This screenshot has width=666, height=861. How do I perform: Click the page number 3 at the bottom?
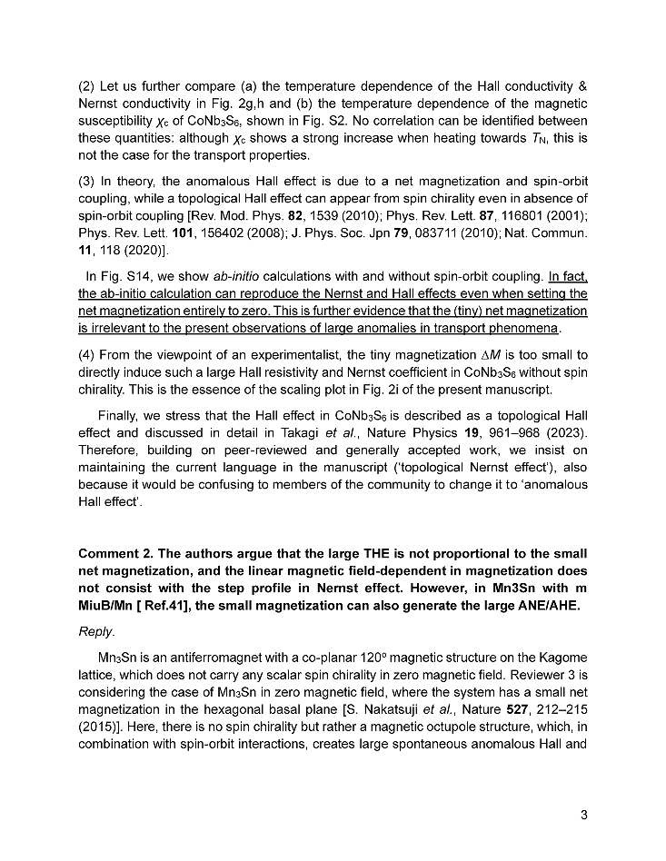pyautogui.click(x=584, y=815)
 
